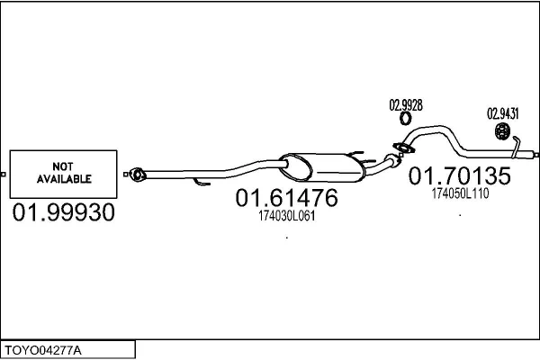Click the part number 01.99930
click(x=64, y=211)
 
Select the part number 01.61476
click(x=286, y=198)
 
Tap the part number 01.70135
click(x=460, y=175)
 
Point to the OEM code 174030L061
click(x=286, y=216)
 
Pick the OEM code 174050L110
click(x=460, y=193)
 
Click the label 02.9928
click(x=406, y=105)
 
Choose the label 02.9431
click(x=503, y=113)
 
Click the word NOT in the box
click(x=63, y=166)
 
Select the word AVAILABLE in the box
click(x=64, y=179)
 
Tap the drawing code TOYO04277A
click(x=43, y=351)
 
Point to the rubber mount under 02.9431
click(x=502, y=130)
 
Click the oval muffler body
click(x=322, y=167)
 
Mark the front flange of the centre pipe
click(x=138, y=175)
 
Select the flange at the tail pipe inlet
click(x=403, y=148)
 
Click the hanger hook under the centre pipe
click(x=201, y=182)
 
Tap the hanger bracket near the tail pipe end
click(x=516, y=147)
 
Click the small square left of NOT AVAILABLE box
click(x=3, y=175)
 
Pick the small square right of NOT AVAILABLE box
click(x=126, y=175)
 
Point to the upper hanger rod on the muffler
click(x=355, y=153)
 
